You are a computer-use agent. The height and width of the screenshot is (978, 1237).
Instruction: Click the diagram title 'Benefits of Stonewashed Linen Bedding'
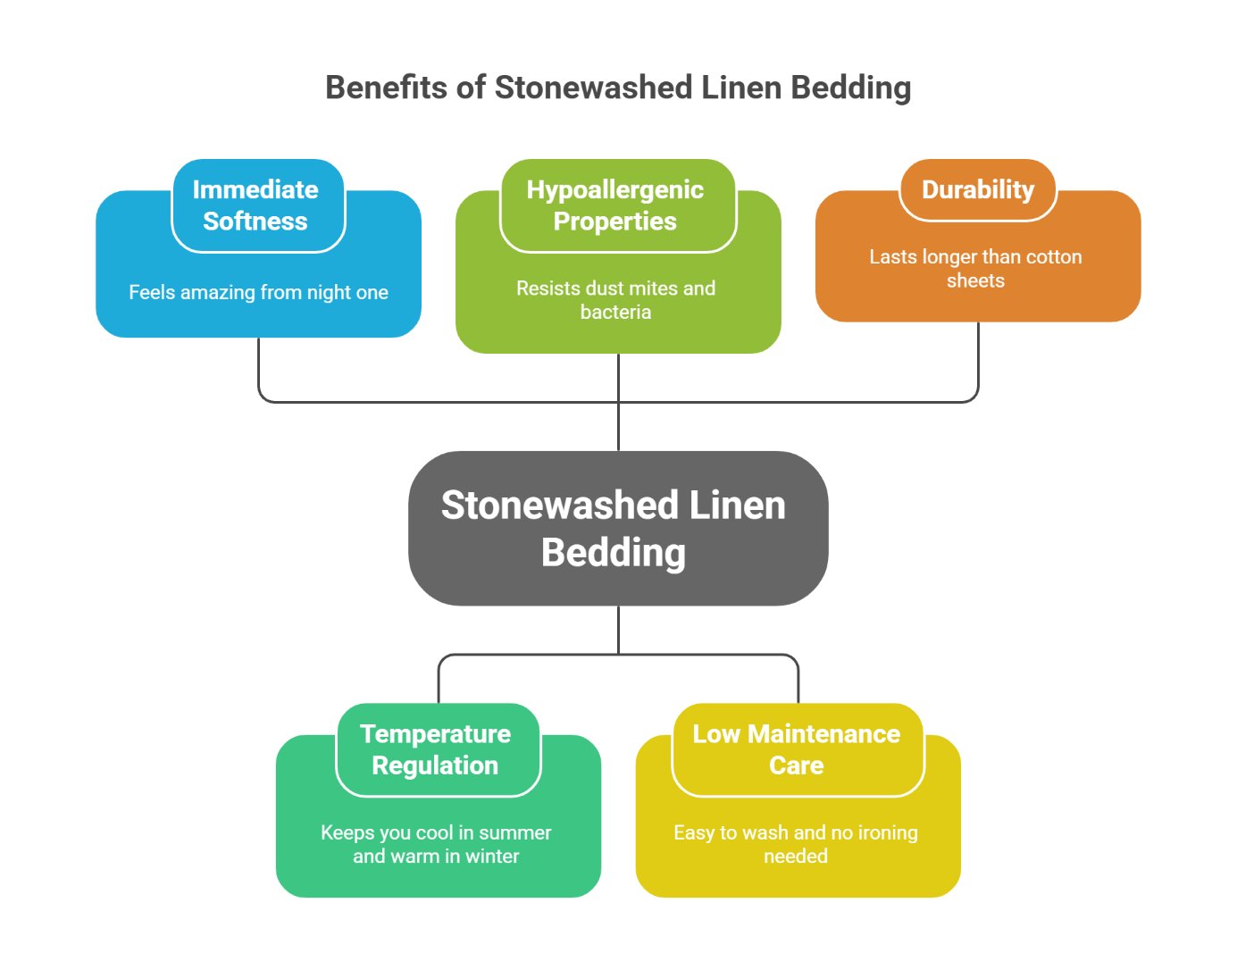click(x=618, y=88)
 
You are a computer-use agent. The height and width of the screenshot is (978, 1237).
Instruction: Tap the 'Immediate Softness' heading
click(x=255, y=205)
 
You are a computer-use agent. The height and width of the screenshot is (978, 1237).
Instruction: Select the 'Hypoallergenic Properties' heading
click(x=615, y=205)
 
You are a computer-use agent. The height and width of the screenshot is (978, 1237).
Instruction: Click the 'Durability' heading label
click(x=978, y=189)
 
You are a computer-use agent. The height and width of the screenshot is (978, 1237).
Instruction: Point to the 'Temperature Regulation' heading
click(x=436, y=749)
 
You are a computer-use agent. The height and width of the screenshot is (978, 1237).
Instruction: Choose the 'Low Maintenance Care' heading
click(x=797, y=749)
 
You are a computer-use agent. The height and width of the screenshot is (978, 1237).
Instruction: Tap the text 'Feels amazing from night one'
click(x=258, y=292)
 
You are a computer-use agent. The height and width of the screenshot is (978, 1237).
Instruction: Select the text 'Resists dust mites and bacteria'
click(x=615, y=300)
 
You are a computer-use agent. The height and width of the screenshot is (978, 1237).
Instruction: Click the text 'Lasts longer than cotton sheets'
click(x=975, y=268)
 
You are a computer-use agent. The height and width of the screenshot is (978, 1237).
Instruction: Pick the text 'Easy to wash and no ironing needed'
click(x=796, y=844)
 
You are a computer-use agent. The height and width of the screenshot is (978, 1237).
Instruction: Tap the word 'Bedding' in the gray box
click(x=614, y=552)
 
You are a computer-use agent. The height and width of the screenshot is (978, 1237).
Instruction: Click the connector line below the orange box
click(x=978, y=362)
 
